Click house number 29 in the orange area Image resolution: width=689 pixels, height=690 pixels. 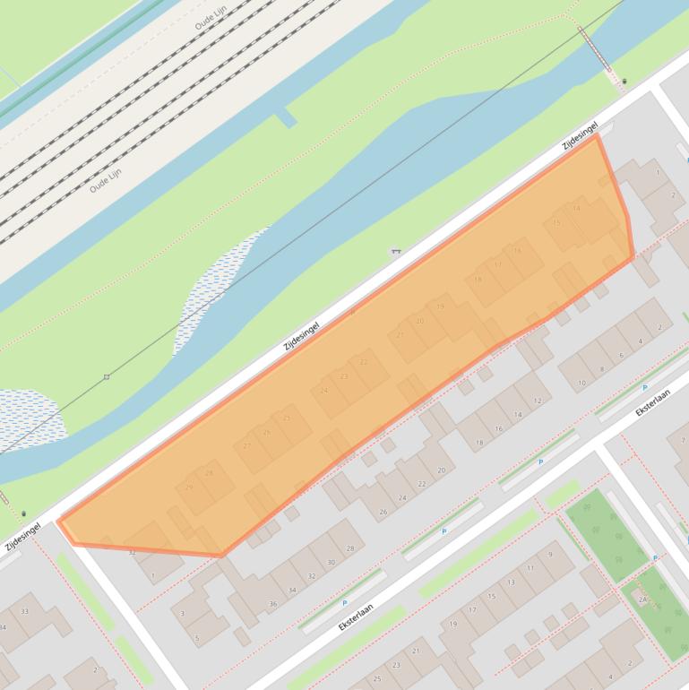(x=189, y=487)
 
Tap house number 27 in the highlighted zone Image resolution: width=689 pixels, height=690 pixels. (x=248, y=445)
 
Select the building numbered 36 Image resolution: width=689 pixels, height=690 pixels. (x=272, y=604)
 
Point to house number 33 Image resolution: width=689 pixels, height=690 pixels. (x=24, y=612)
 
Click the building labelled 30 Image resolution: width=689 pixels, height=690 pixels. (x=331, y=562)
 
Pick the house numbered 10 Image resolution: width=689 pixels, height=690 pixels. (x=581, y=384)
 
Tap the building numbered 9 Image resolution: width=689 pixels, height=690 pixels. (x=549, y=555)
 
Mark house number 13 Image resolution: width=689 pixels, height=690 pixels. (x=511, y=582)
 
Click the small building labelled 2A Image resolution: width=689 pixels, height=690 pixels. (x=642, y=599)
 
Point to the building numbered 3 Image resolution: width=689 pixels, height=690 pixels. (x=183, y=613)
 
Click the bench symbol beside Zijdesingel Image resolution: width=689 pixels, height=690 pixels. (x=395, y=253)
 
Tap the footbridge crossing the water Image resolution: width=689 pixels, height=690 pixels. (x=596, y=48)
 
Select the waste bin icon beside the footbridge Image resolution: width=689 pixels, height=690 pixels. (x=624, y=82)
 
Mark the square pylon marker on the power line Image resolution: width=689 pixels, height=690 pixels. (x=107, y=376)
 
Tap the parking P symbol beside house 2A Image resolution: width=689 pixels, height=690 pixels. (x=655, y=557)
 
